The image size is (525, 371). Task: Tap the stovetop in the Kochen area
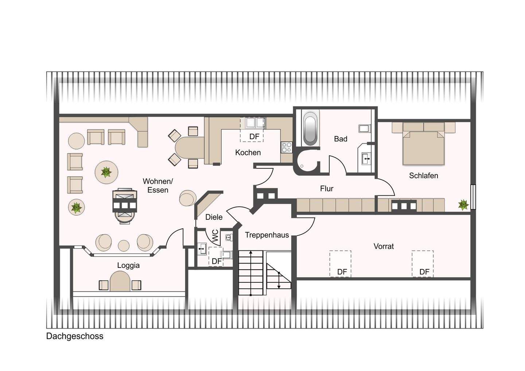287,148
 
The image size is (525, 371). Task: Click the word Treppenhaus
267,235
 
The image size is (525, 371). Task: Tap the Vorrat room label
384,246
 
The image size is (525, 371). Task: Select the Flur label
327,188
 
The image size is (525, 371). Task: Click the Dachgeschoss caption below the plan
75,336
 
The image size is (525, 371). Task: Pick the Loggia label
128,265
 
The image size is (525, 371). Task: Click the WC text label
215,236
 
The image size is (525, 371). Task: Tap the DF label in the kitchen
254,137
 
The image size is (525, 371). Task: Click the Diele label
214,217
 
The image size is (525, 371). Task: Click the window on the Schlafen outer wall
473,197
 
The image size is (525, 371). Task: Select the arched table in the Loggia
120,281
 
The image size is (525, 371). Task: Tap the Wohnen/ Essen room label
158,185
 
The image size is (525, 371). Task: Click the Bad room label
341,139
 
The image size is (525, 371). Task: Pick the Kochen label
248,152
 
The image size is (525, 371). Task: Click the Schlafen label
424,176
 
